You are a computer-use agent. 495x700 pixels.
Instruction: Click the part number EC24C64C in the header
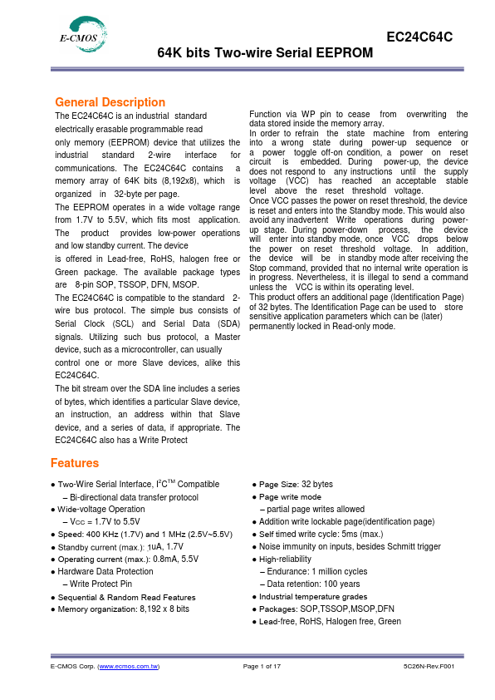click(x=419, y=37)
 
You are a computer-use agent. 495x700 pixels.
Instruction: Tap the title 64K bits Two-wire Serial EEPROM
click(x=265, y=53)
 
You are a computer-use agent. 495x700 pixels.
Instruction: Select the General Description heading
click(x=110, y=102)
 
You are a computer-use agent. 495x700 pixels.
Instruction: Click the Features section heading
click(x=75, y=463)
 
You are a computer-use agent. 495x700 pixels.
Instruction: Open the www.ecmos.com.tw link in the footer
click(x=129, y=667)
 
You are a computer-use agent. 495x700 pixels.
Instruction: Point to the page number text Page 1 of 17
click(x=262, y=667)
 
